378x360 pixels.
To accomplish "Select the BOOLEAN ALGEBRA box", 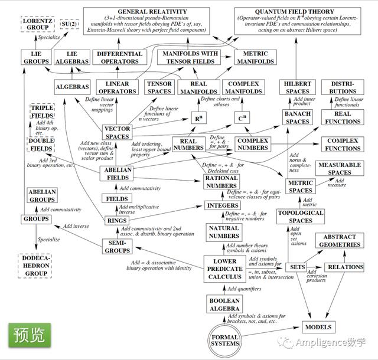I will (x=224, y=304).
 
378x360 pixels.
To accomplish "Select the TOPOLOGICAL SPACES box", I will (x=301, y=217).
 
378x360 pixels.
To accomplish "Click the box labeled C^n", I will (x=241, y=118).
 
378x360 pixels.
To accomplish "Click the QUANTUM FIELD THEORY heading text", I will (x=303, y=12).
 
